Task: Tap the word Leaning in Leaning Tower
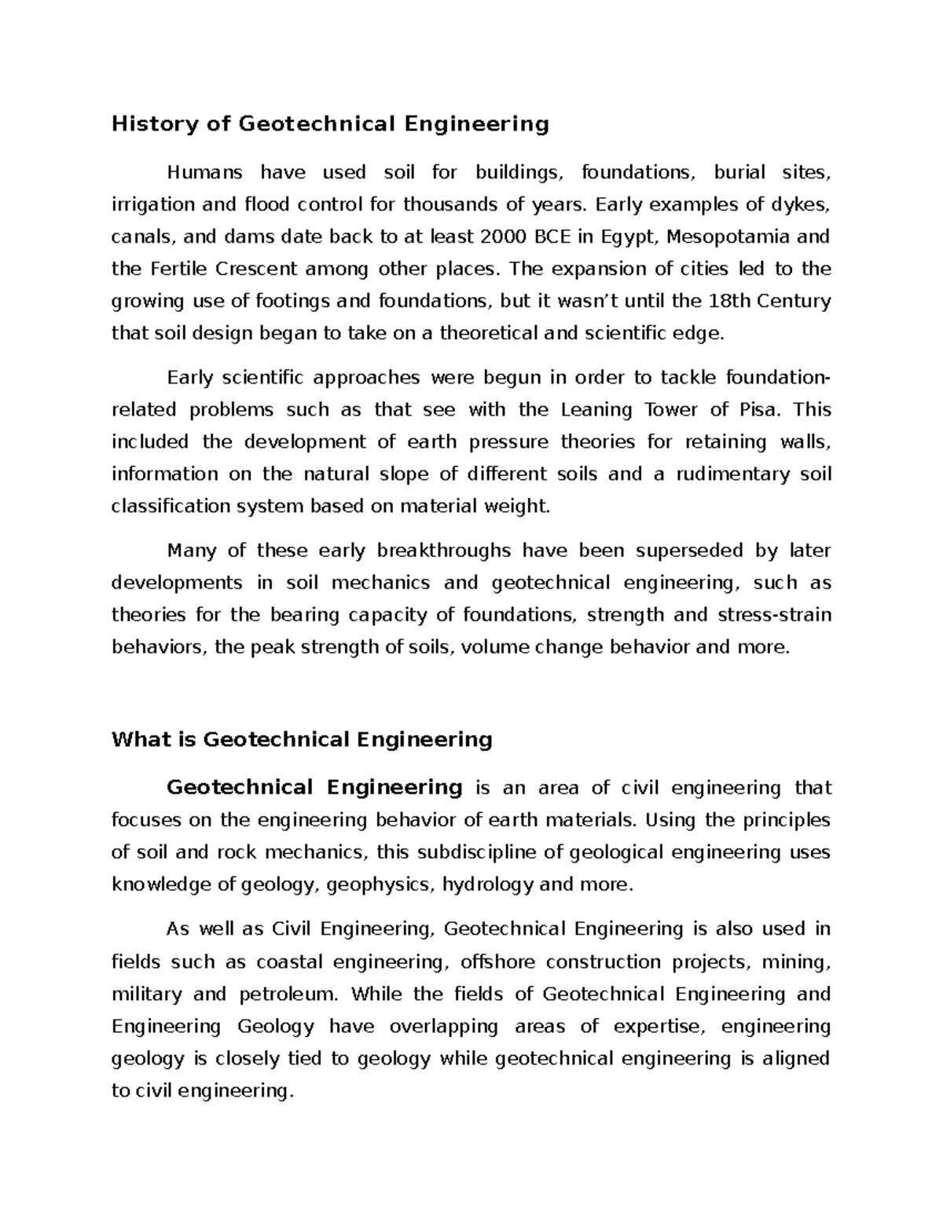(x=595, y=409)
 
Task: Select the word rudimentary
(x=732, y=474)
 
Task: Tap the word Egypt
(x=633, y=236)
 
